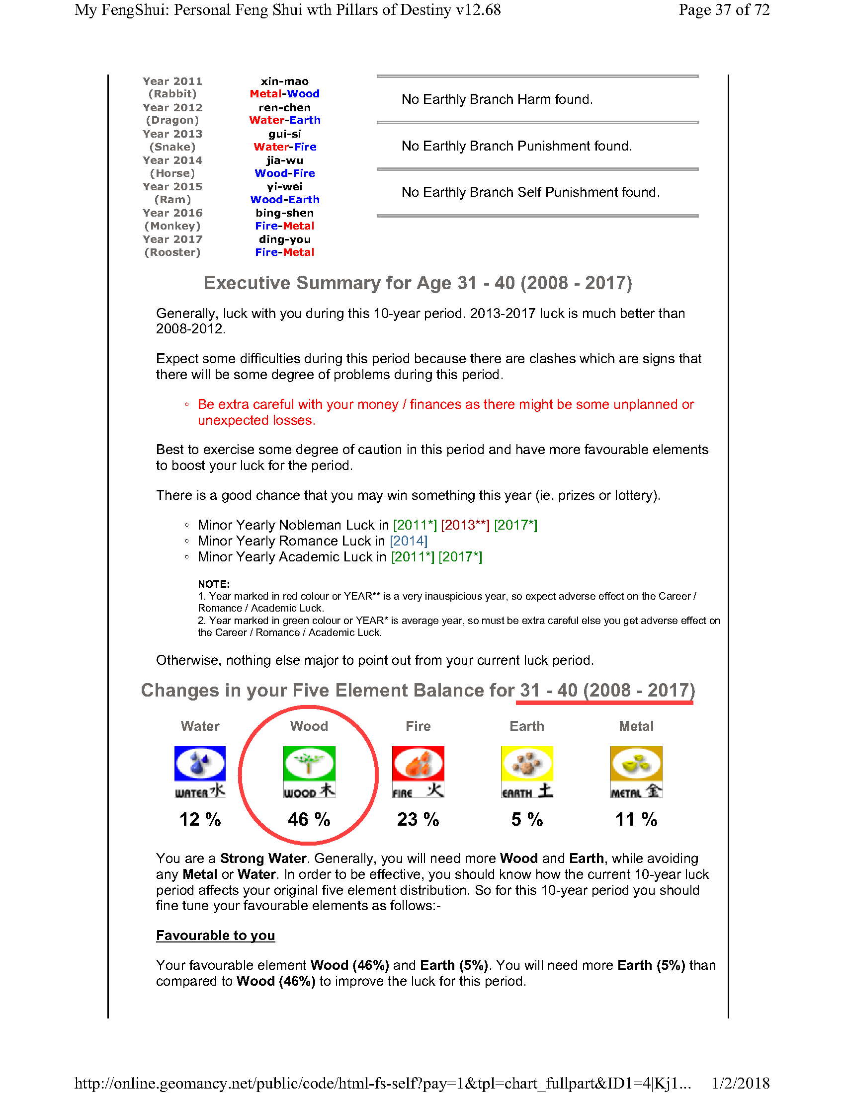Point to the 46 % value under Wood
309,820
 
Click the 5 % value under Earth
527,820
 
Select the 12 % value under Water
200,820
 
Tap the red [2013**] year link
465,525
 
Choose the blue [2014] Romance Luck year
409,541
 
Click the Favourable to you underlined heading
215,936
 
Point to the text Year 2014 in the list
172,160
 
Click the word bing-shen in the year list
284,213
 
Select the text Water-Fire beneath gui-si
284,147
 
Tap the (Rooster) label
172,252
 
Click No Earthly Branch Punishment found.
516,146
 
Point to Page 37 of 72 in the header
724,10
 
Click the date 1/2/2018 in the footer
741,1084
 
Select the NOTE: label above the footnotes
214,584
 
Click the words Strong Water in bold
263,859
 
